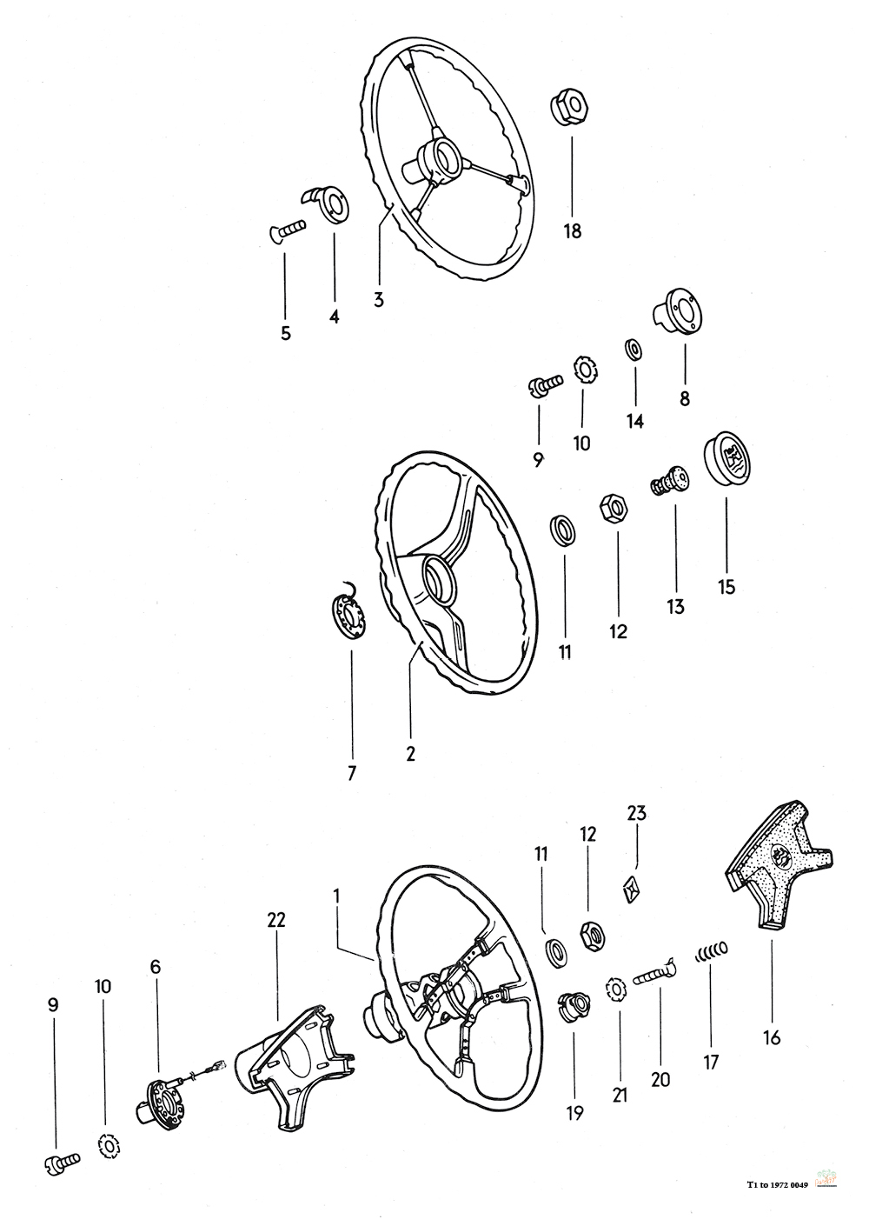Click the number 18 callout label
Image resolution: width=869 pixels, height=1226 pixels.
click(572, 231)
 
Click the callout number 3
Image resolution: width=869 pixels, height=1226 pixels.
click(379, 300)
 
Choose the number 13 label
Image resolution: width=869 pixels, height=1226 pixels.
click(676, 607)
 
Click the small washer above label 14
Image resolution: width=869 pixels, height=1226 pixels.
click(634, 349)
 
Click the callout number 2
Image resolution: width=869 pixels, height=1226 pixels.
click(410, 754)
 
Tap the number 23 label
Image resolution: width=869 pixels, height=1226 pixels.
click(637, 814)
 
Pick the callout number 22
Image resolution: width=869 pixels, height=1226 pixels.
click(276, 920)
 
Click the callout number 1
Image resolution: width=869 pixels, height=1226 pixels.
click(337, 895)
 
